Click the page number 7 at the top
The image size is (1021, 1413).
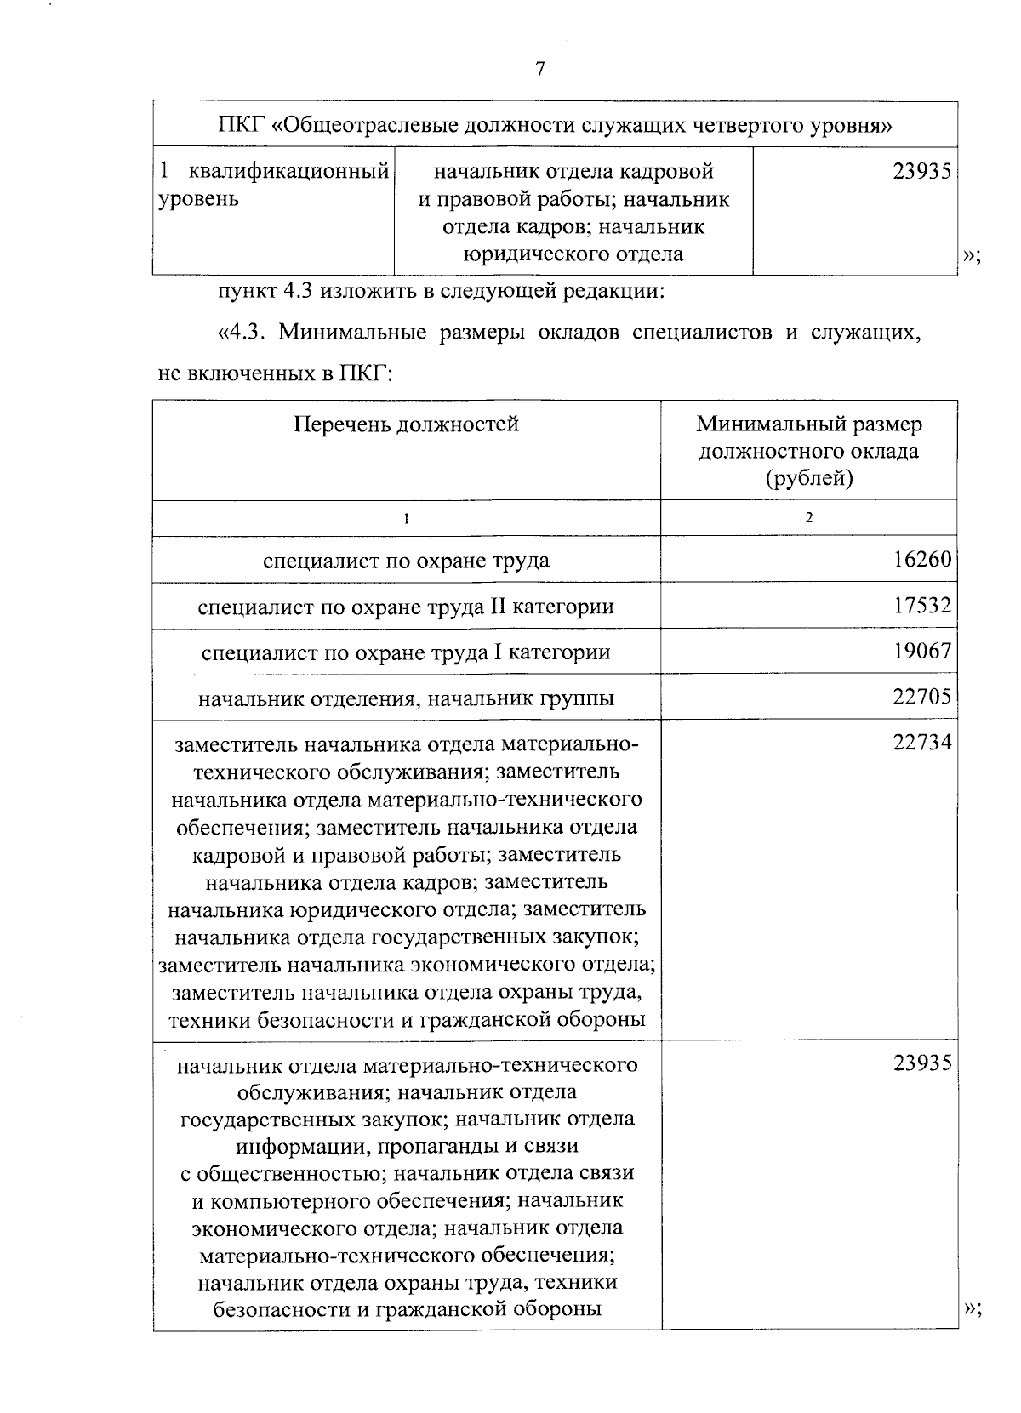[x=539, y=69]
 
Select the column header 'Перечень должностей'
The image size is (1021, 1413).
[x=406, y=424]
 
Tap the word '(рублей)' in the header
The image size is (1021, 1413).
[x=808, y=478]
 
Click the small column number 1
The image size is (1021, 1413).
[x=406, y=518]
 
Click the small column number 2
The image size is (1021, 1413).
[x=808, y=517]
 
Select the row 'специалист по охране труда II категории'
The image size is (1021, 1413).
[x=406, y=607]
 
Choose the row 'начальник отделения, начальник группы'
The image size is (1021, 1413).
[x=406, y=698]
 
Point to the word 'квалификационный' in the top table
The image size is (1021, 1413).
[x=288, y=172]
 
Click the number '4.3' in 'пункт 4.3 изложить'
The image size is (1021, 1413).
[x=299, y=292]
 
